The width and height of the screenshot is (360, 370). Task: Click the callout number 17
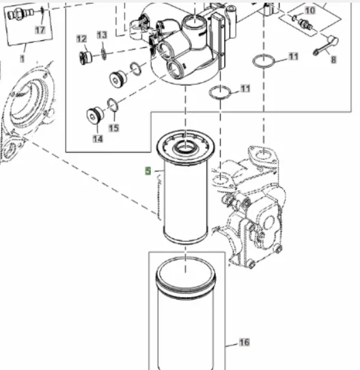[40, 30]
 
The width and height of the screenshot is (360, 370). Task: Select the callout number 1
[22, 59]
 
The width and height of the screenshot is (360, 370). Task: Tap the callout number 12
[82, 39]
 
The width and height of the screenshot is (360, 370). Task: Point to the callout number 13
[102, 35]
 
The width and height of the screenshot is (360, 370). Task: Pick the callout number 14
[98, 139]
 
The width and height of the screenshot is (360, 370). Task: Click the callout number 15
[113, 128]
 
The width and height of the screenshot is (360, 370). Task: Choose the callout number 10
[309, 10]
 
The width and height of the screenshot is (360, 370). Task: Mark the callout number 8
[333, 59]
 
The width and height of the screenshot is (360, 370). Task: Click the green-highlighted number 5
[148, 171]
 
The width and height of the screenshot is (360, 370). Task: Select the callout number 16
[244, 342]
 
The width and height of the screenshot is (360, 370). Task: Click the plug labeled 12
[85, 58]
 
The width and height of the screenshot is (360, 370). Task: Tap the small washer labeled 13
[103, 55]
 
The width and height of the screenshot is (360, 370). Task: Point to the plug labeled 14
[95, 115]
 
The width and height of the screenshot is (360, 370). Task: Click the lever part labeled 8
[327, 45]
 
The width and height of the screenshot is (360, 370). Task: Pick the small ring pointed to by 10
[294, 18]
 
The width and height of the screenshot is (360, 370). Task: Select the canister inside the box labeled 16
[186, 314]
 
